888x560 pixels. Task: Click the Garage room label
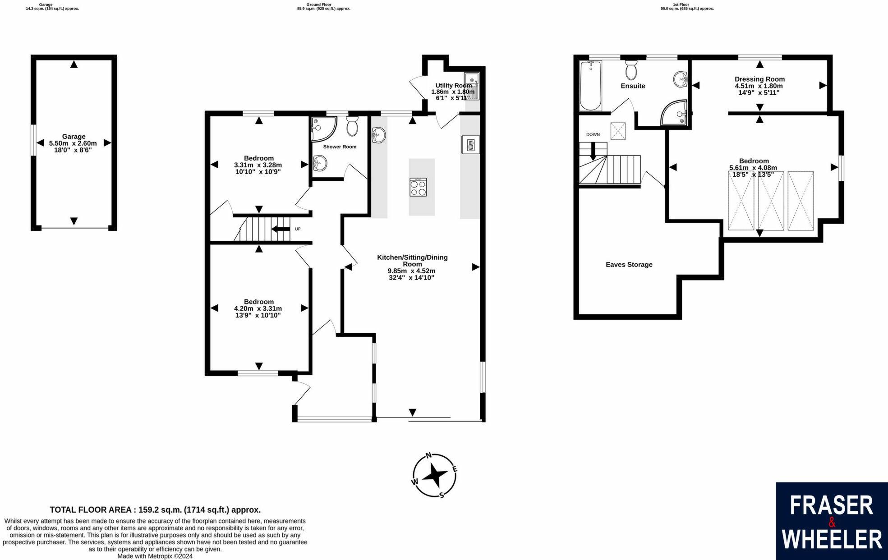[74, 137]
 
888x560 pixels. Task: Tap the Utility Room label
[453, 85]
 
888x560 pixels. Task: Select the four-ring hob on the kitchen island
[418, 187]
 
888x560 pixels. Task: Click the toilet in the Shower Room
[352, 126]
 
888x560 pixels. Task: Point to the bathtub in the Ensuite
[590, 86]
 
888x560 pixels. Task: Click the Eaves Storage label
[629, 265]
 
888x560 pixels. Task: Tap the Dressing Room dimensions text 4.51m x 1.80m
[759, 86]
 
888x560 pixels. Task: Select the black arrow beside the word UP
[281, 229]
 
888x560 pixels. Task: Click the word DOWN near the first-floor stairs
[593, 134]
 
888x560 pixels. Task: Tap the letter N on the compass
[429, 455]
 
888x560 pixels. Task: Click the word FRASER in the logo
[831, 506]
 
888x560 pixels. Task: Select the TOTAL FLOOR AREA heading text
[155, 510]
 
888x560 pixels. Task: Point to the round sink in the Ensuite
[680, 80]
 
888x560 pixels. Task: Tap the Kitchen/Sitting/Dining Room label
[412, 261]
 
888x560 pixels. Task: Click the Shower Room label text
[340, 147]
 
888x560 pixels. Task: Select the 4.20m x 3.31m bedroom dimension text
[258, 308]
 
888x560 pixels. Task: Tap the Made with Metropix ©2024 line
[155, 556]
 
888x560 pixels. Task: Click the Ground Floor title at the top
[318, 5]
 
